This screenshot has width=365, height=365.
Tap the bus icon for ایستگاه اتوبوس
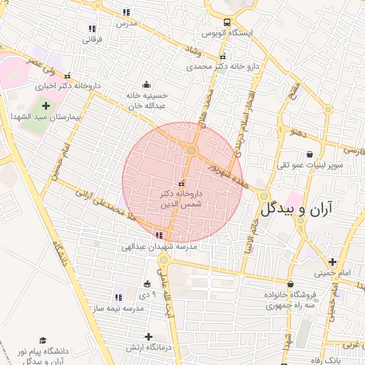coord(227,21)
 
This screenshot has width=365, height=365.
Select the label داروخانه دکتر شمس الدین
coord(180,199)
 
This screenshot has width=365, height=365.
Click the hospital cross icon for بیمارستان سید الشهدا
coord(46,106)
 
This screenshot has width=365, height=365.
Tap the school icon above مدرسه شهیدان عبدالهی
coord(158,235)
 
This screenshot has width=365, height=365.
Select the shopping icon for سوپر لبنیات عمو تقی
coord(309,154)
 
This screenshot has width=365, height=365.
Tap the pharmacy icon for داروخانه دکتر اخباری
coord(68,76)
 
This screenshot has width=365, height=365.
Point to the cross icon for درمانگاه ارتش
coord(148,336)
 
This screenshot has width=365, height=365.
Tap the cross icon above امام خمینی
coord(332,262)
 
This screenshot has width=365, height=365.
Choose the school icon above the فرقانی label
coord(91,29)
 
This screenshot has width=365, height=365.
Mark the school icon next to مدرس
coord(127,12)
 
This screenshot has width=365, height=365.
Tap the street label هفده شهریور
coord(220,169)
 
